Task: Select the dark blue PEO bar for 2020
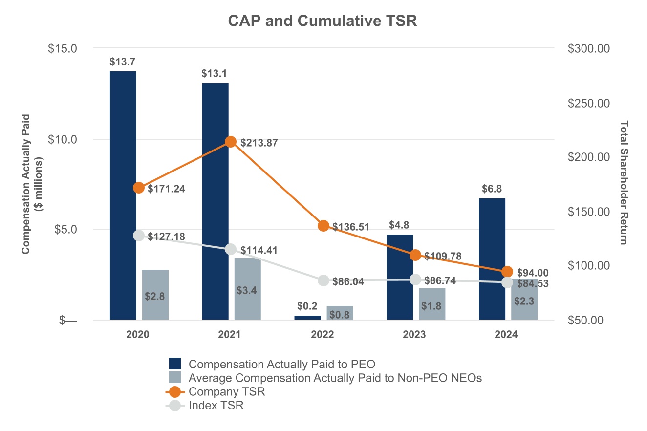click(123, 195)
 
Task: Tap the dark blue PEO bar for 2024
click(492, 259)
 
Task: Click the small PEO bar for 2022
click(308, 318)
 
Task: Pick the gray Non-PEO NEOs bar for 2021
click(247, 288)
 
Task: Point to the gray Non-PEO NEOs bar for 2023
click(432, 304)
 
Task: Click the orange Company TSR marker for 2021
click(231, 142)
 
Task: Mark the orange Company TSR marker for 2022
click(323, 226)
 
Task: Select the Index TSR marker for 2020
click(139, 235)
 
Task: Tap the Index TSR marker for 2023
click(415, 280)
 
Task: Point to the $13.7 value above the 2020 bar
click(123, 62)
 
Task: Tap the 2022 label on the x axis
click(322, 335)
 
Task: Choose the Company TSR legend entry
click(227, 391)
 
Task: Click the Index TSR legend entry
click(216, 405)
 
